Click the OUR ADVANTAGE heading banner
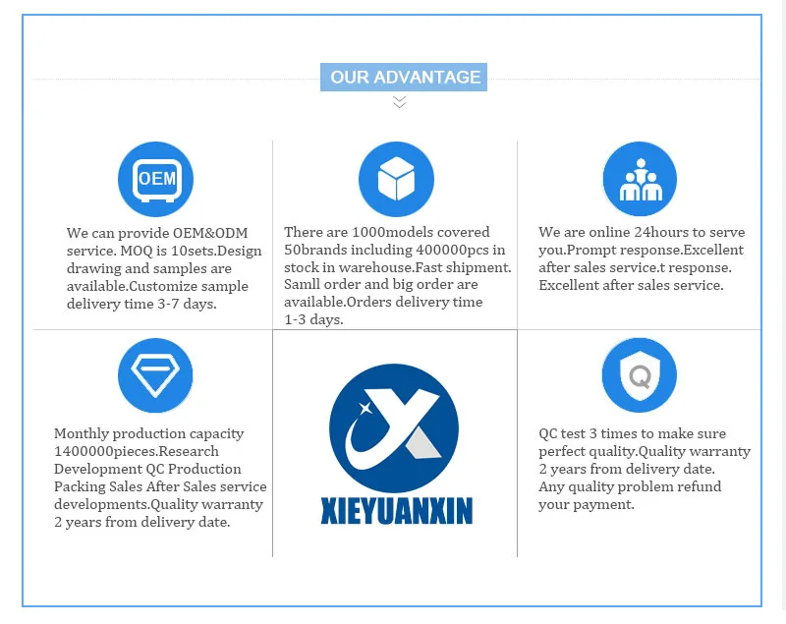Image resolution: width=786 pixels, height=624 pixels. (x=404, y=78)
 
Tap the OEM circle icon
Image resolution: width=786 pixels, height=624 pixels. (x=155, y=179)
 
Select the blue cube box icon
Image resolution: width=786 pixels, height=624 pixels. (x=396, y=179)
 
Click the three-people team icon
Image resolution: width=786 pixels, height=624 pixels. (x=640, y=179)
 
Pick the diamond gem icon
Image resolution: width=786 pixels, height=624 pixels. (x=155, y=374)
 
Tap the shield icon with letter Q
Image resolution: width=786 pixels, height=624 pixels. (x=640, y=374)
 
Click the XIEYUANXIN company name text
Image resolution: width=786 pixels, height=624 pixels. (x=396, y=511)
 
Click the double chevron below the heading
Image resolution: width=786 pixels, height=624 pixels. (x=399, y=101)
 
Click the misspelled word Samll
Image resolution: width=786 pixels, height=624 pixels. (x=305, y=285)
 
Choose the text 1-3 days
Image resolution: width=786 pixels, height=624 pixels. (x=313, y=320)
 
